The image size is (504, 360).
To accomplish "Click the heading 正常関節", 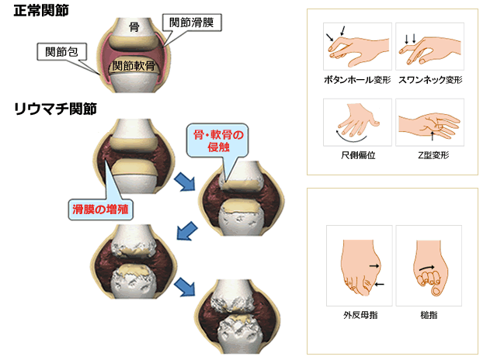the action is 41,10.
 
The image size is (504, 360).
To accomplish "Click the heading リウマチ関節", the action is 55,109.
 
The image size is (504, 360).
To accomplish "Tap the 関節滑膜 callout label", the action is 192,22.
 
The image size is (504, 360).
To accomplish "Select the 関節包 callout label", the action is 61,52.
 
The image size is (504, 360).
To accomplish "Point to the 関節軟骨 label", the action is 134,66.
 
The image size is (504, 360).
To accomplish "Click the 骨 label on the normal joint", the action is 134,27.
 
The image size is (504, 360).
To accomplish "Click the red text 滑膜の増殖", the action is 100,209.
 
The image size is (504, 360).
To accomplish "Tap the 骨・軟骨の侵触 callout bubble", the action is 218,140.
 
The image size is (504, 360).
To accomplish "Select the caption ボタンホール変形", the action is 357,80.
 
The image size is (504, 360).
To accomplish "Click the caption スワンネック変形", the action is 430,80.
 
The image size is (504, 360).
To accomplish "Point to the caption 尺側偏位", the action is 358,155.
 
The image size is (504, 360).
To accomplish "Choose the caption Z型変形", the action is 433,155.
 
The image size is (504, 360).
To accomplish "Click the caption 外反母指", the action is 360,315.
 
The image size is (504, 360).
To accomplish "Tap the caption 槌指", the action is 429,315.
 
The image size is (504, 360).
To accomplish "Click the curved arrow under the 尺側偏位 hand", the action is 351,139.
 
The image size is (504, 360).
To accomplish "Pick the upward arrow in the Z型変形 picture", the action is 433,136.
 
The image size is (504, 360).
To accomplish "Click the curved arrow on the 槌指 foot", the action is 427,268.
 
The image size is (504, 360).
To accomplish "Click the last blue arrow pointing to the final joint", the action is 185,287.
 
